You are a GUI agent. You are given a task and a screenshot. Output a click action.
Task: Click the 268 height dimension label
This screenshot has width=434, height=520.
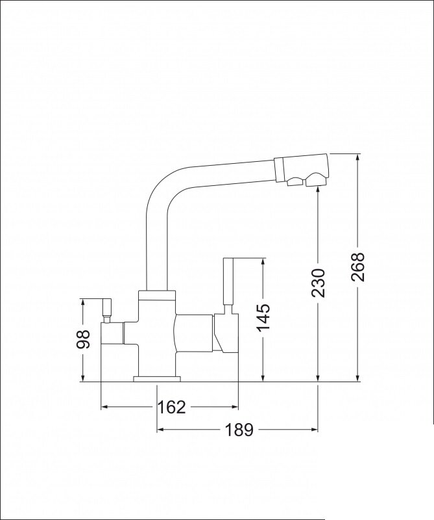(357, 267)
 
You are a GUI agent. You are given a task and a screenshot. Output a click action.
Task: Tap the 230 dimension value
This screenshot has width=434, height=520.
(318, 283)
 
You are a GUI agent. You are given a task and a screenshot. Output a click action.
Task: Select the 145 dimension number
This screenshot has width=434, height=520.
(263, 317)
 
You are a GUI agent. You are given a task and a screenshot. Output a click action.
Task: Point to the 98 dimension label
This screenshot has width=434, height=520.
(83, 339)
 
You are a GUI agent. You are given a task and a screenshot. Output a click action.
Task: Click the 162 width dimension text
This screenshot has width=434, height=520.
(171, 407)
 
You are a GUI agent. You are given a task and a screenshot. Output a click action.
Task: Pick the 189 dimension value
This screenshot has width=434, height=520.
(239, 430)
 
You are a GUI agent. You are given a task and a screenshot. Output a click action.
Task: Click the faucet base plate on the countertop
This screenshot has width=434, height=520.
(156, 379)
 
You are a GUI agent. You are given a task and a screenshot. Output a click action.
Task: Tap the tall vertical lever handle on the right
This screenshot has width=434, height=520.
(229, 281)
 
